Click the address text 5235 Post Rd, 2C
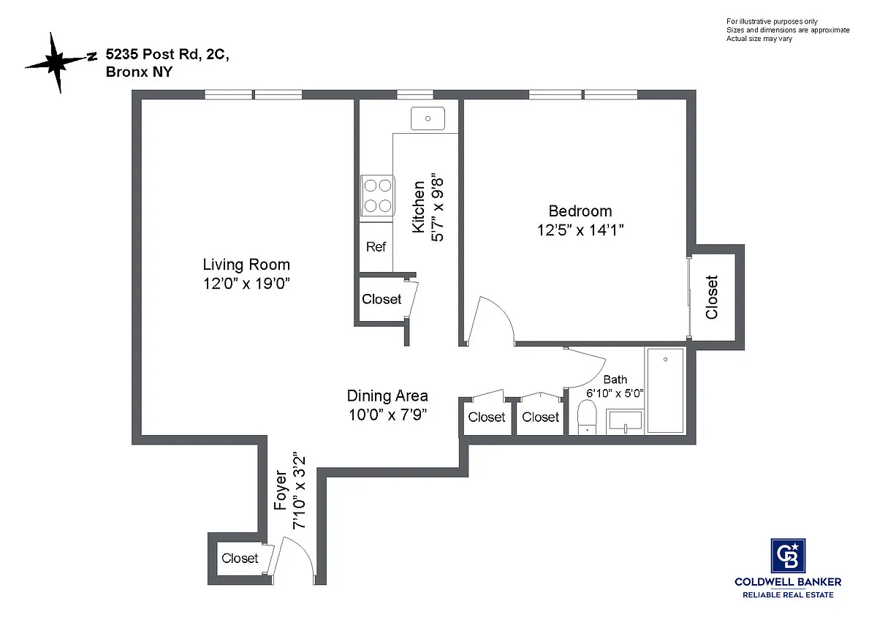pos(167,54)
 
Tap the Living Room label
pos(246,265)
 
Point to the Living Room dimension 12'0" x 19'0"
pos(246,284)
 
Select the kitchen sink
pos(428,118)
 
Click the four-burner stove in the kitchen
pos(377,195)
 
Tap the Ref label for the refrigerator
pos(376,246)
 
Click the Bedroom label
pos(580,211)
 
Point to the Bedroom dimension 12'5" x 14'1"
pos(580,230)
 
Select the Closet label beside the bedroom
pos(712,298)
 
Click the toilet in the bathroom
pos(587,417)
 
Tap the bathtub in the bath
pos(665,390)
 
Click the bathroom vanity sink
pos(625,421)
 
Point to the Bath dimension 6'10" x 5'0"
pos(615,393)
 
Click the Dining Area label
pos(387,396)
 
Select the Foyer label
pos(281,491)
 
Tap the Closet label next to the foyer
pos(240,558)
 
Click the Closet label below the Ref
pos(381,299)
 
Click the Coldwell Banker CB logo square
pos(788,556)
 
